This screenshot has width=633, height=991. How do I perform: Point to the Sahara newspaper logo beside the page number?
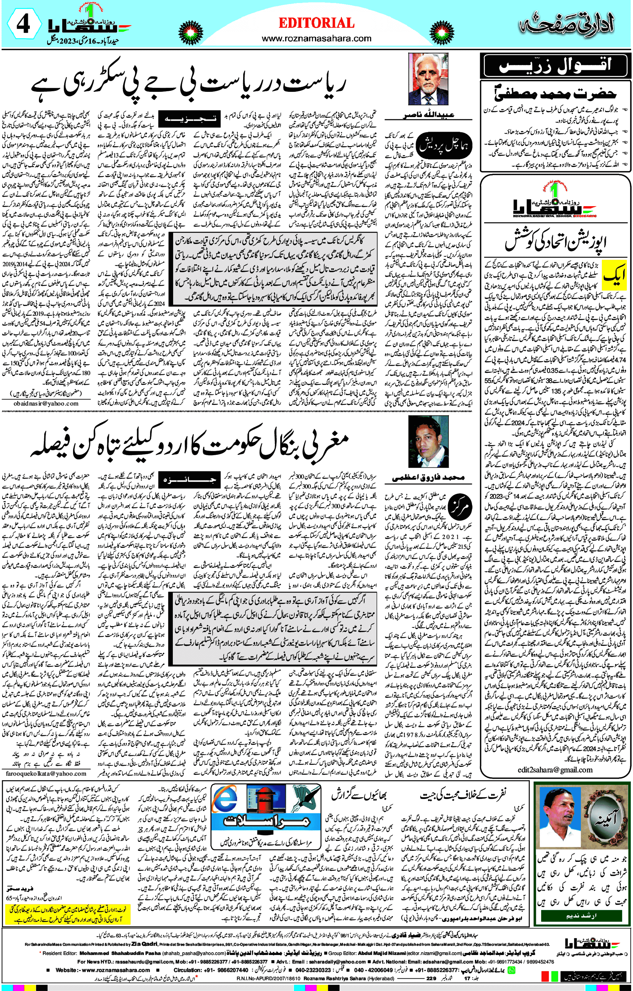tap(88, 26)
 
